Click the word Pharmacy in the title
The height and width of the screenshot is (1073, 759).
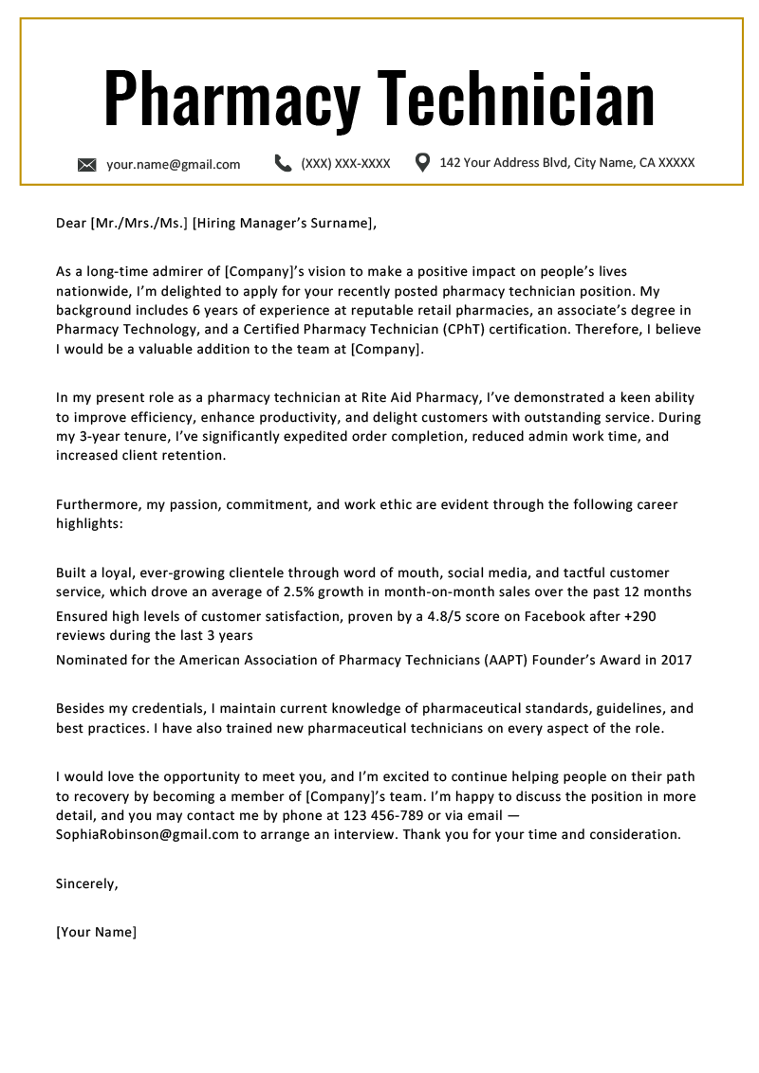[232, 98]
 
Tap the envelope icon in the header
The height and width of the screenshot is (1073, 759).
[87, 165]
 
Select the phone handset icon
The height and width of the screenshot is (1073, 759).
[283, 163]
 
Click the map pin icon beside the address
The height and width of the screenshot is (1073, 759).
[423, 162]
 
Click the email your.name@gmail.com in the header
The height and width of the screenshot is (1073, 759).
[173, 164]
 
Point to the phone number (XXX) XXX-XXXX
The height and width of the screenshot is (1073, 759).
[345, 163]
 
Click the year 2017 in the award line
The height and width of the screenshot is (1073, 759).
[676, 660]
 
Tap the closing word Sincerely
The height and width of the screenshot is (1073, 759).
[86, 883]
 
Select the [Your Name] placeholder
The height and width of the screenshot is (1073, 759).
[96, 932]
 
